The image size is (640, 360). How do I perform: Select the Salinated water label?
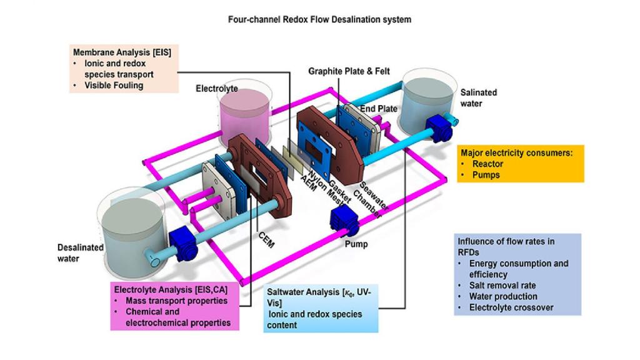click(x=478, y=97)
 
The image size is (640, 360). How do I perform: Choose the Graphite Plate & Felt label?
click(x=349, y=71)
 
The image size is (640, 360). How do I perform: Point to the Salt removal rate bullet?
click(x=505, y=285)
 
